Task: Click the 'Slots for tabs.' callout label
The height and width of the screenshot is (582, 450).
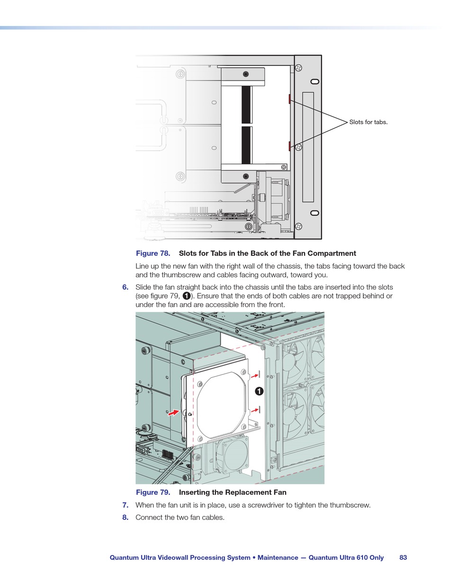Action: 368,122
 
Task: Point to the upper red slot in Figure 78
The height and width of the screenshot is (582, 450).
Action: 289,99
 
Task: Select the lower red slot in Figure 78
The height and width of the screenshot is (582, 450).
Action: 289,146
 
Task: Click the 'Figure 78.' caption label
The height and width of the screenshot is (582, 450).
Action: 153,254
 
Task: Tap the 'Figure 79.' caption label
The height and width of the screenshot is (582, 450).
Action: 153,492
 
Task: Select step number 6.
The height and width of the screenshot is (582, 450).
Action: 126,287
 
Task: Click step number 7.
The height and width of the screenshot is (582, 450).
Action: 126,505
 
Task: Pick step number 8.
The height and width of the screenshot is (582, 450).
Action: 126,518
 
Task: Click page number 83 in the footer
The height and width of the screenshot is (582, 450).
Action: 403,558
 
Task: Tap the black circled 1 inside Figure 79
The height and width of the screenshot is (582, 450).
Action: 259,391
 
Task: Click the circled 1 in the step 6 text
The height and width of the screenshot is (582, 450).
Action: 187,296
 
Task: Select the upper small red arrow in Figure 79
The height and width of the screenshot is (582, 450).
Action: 254,375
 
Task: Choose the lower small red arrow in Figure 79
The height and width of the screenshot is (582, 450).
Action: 254,410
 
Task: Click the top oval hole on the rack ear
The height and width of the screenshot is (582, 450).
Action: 315,82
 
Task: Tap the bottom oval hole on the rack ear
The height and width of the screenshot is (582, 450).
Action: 315,212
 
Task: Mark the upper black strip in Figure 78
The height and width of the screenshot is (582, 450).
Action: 246,105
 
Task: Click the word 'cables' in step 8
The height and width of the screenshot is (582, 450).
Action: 213,518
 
